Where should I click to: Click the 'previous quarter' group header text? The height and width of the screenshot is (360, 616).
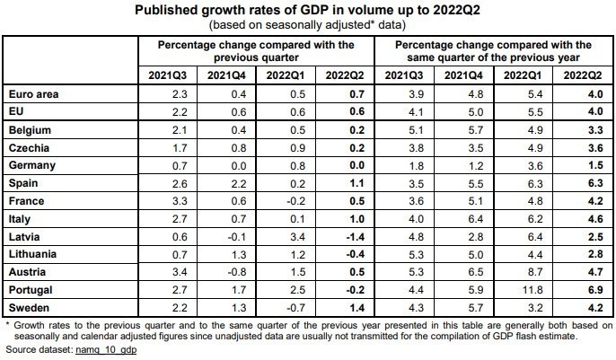click(x=255, y=55)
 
